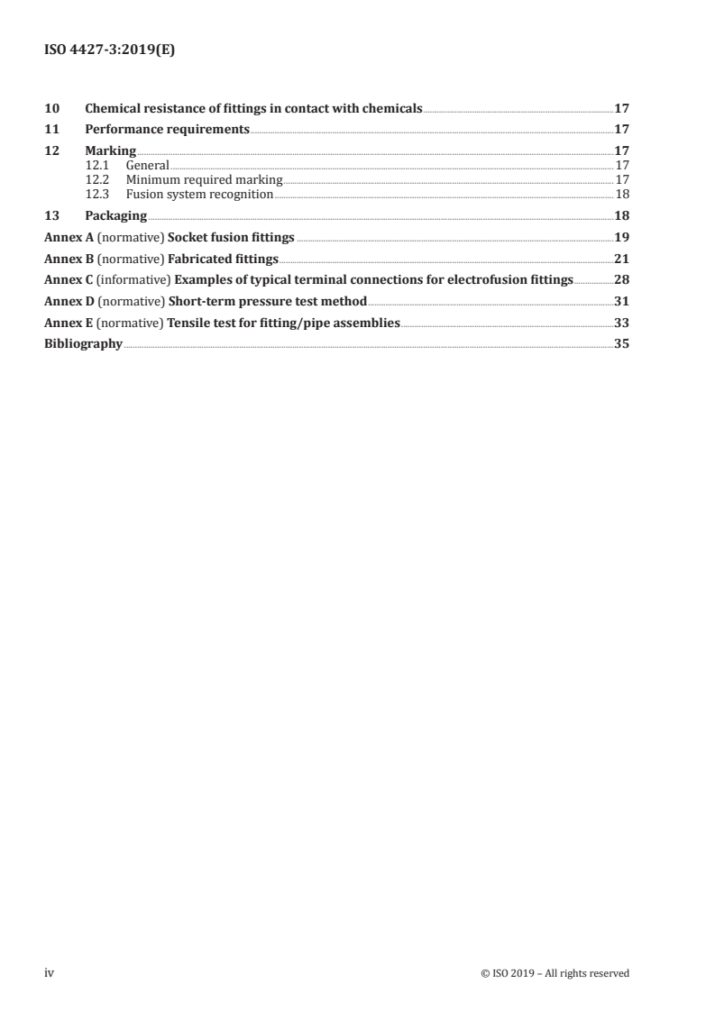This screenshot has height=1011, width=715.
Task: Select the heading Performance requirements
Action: tap(167, 130)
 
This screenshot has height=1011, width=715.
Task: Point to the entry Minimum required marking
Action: tap(204, 179)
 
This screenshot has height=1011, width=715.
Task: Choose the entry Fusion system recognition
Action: tap(199, 194)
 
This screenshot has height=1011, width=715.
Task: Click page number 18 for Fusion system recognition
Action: tap(622, 194)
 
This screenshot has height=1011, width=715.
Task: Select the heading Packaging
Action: tap(115, 215)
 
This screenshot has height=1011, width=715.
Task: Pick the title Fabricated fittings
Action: tap(223, 259)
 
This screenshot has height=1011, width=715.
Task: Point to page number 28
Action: tap(621, 279)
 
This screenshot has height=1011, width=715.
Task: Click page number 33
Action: tap(621, 323)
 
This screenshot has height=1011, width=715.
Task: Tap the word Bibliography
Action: tap(83, 344)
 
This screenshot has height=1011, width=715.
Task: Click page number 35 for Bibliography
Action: tap(621, 344)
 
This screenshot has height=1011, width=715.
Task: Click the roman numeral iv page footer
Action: tap(50, 972)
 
